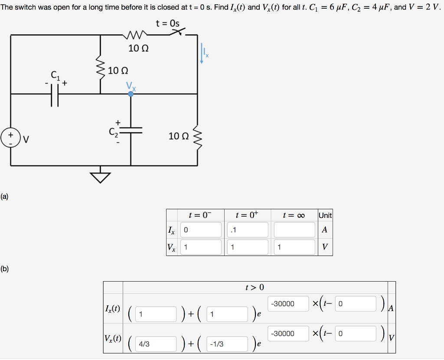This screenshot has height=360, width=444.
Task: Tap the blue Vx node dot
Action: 131,94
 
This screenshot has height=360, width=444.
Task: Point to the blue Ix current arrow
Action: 202,53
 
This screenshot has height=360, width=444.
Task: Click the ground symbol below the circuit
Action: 100,178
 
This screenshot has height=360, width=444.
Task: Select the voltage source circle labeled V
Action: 10,138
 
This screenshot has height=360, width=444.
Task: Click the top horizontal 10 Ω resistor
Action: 135,35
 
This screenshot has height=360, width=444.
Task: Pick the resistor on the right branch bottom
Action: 197,138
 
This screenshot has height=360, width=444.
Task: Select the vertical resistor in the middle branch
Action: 100,70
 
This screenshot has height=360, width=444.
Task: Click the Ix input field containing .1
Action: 248,230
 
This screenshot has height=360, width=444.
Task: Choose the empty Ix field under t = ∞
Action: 294,230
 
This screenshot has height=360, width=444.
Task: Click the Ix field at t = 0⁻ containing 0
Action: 201,230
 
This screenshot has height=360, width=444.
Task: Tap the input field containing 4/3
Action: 156,344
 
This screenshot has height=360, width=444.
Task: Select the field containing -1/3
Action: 227,344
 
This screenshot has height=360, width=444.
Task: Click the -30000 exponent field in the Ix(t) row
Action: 288,304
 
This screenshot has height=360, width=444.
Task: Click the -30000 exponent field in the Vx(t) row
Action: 288,334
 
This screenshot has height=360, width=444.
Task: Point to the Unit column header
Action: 325,215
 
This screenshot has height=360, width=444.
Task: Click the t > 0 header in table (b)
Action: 255,288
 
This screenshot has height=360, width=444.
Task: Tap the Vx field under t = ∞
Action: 294,247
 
